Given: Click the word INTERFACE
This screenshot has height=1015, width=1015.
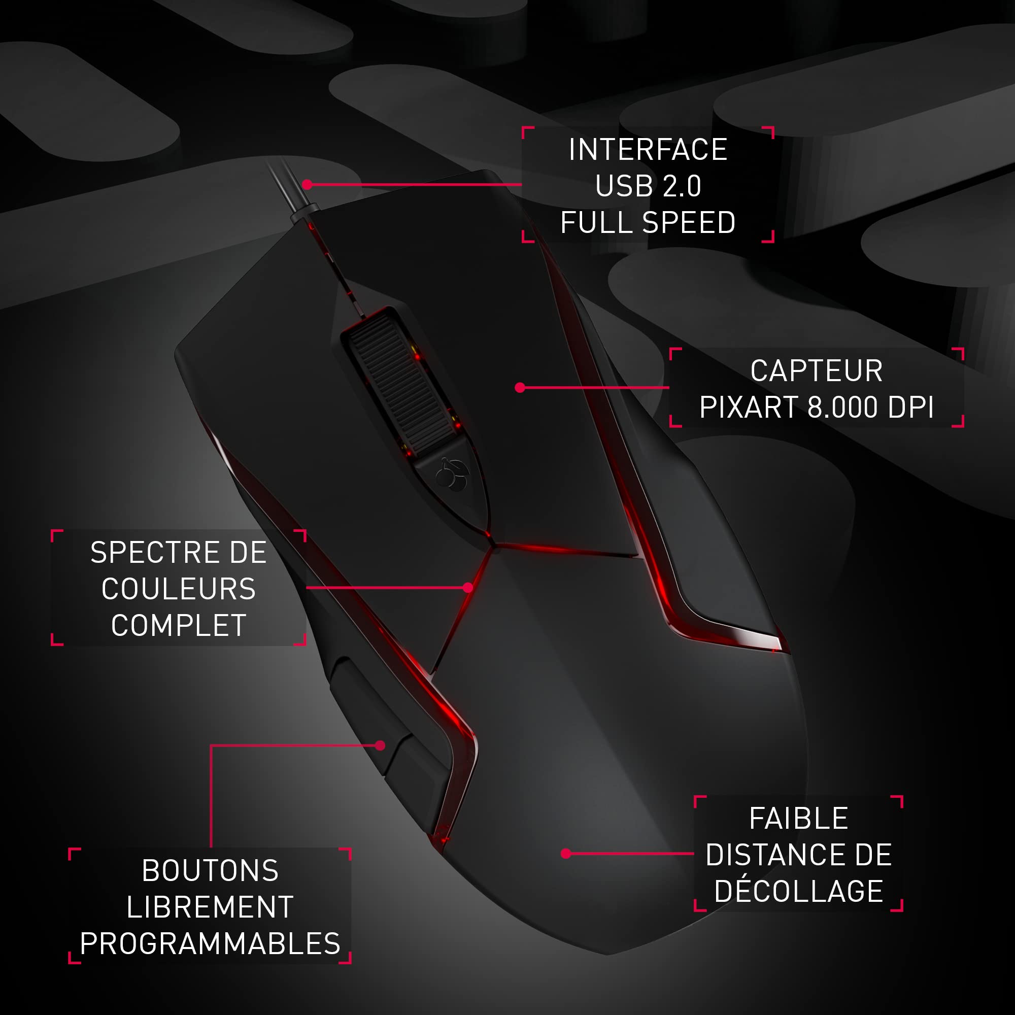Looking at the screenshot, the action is [x=648, y=150].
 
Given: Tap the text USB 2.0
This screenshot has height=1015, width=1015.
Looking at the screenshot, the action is [x=648, y=186].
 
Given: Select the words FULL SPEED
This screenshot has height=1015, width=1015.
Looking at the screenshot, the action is [x=648, y=222].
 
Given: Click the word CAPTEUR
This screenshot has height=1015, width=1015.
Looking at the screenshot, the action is [x=817, y=371].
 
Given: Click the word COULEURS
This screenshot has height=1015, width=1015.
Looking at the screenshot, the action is [x=179, y=589].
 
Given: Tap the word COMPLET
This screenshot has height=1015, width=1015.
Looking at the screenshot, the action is [x=179, y=625].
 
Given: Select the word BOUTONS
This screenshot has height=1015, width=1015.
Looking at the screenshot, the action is [x=210, y=870].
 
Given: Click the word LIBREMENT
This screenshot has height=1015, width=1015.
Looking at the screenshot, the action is [x=210, y=907].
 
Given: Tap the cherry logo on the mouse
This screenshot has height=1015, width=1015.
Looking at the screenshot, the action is [x=451, y=475].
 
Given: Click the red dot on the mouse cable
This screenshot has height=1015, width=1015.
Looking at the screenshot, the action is [x=308, y=184].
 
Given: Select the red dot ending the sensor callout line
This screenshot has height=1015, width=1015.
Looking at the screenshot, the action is [x=520, y=388].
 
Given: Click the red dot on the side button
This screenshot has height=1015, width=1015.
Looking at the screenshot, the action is [x=380, y=745].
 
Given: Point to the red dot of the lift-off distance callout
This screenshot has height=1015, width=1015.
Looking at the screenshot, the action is [x=566, y=854].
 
